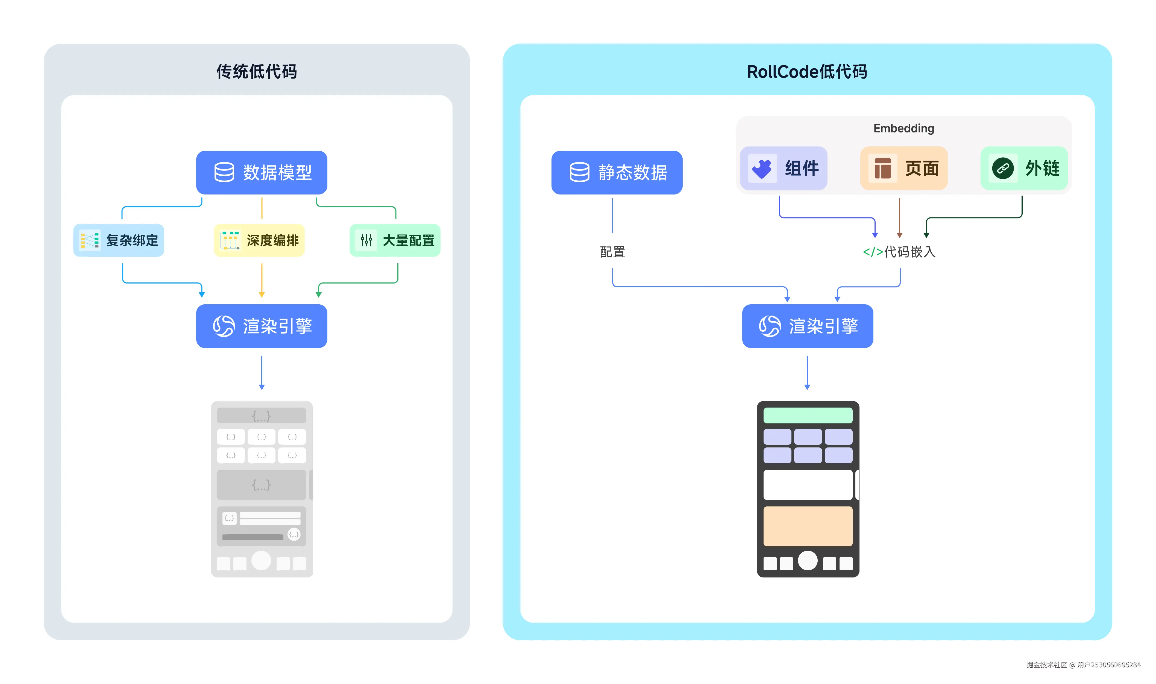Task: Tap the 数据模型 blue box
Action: pos(262,172)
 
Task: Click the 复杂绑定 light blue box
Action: pos(119,240)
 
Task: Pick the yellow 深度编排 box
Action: pos(259,240)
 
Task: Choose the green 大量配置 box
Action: pos(395,240)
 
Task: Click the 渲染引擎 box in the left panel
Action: pos(262,326)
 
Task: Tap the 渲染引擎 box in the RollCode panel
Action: pos(807,326)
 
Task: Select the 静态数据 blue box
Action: pos(617,172)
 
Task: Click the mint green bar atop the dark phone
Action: pos(807,415)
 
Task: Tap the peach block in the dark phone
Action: pos(807,526)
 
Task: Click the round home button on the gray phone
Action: pos(261,561)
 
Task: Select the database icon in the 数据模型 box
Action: pos(224,172)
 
